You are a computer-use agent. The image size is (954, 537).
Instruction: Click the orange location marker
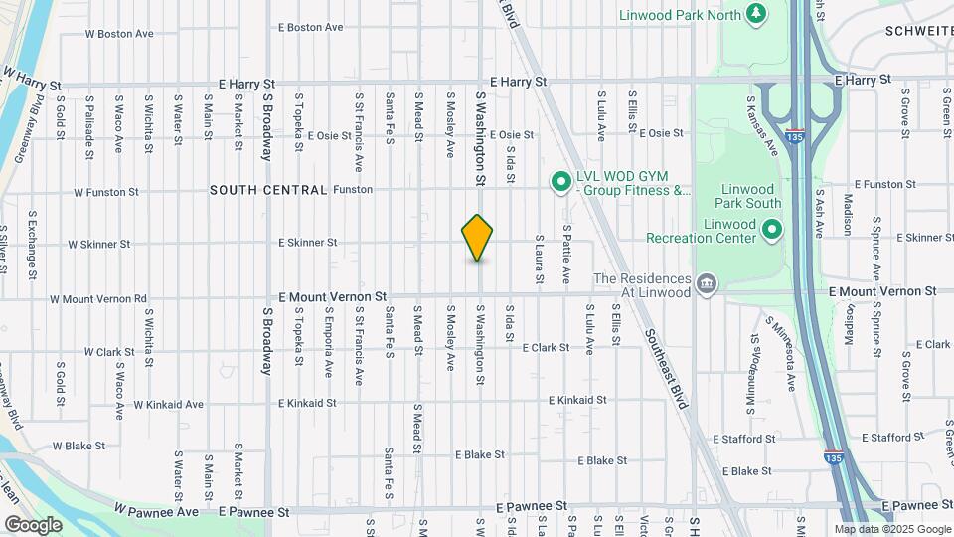click(478, 237)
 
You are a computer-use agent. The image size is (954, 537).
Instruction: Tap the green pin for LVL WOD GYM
click(559, 180)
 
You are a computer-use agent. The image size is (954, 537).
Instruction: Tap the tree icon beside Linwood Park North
click(757, 13)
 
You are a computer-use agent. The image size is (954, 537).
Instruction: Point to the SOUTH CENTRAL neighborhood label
click(268, 189)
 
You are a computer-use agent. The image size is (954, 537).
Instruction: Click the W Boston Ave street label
click(119, 33)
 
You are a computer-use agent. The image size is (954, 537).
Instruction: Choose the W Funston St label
click(105, 191)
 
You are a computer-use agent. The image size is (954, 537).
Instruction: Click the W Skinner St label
click(98, 244)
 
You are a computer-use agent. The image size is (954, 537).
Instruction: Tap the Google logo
click(33, 524)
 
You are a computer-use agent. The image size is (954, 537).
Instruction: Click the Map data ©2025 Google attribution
click(891, 529)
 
